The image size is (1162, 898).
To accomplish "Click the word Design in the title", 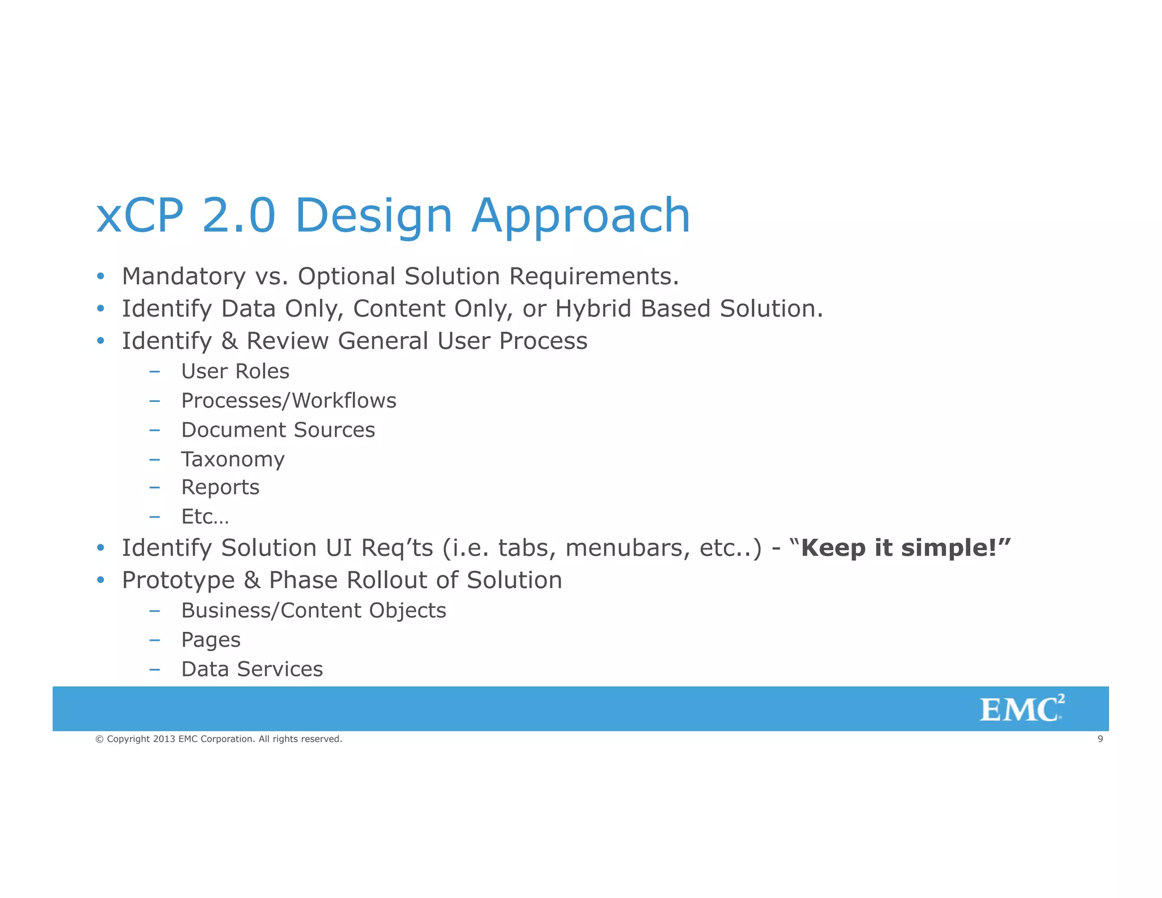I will tap(373, 216).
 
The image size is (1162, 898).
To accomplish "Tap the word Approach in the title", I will tap(580, 216).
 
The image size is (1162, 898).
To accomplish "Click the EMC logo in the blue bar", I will tap(1021, 709).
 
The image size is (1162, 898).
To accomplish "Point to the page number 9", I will tap(1100, 739).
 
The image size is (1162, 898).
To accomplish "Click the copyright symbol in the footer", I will tap(99, 739).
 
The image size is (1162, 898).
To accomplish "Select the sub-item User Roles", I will tap(235, 371).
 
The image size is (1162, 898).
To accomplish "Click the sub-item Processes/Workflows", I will tap(288, 401).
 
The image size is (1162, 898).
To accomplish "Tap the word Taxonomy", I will tap(233, 459).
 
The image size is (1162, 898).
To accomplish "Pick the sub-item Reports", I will tap(220, 487).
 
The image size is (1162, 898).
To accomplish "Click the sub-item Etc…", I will tap(204, 517).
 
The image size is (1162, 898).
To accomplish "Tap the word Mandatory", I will tap(183, 276).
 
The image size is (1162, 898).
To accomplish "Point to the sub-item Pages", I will tap(210, 640).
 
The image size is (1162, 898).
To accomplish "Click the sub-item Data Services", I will tap(251, 669).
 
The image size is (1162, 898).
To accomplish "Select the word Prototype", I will tap(178, 581).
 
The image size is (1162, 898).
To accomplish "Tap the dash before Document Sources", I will tap(154, 430).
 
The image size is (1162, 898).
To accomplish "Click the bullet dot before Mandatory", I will tap(100, 276).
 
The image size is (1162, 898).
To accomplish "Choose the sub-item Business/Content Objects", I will tap(313, 611).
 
